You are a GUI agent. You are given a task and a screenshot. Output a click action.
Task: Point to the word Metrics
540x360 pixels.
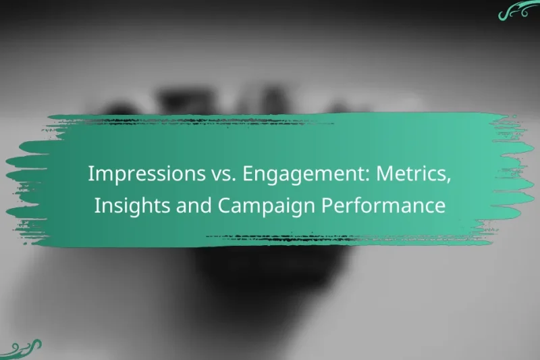(x=408, y=174)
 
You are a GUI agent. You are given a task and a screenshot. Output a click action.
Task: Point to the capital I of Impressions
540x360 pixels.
(x=91, y=174)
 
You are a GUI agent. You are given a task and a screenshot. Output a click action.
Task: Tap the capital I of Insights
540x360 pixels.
(x=97, y=205)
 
